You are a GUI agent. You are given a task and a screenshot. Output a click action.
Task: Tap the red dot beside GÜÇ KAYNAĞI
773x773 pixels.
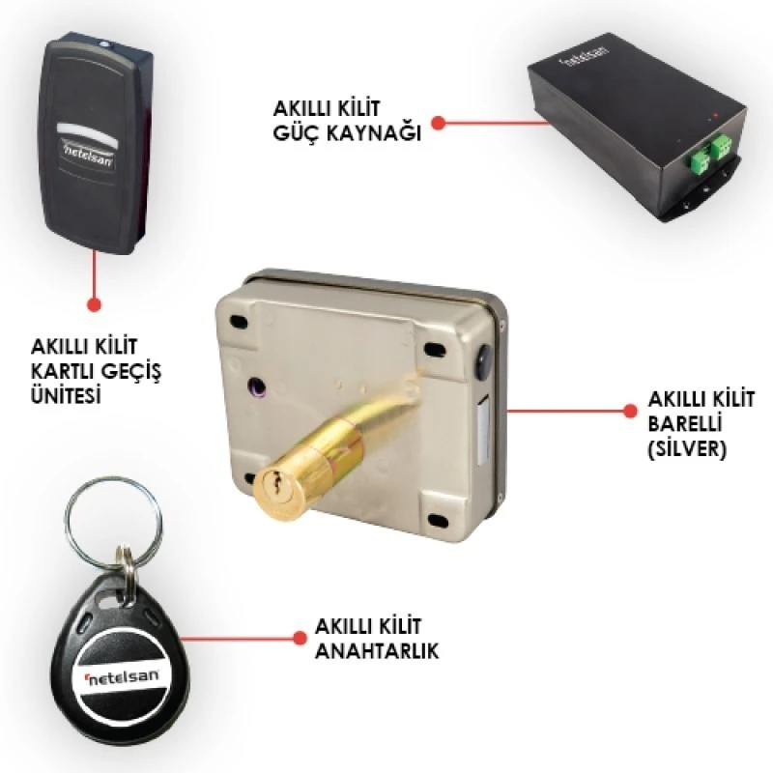[438, 123]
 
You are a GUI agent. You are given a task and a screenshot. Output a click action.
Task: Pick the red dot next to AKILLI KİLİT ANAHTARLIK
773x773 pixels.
[298, 639]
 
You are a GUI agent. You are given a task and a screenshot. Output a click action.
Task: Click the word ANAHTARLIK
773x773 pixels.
[378, 652]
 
